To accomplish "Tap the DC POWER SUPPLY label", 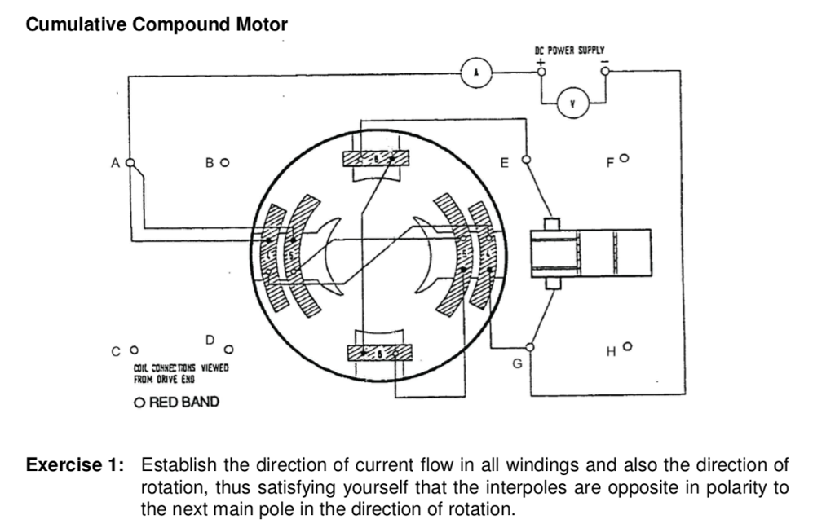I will pyautogui.click(x=570, y=51).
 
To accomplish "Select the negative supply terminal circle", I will pyautogui.click(x=604, y=71).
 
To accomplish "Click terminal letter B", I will pyautogui.click(x=210, y=161).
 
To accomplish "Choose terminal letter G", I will pyautogui.click(x=515, y=364).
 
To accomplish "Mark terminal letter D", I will pyautogui.click(x=210, y=340).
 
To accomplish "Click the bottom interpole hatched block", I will pyautogui.click(x=376, y=351).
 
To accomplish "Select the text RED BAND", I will pyautogui.click(x=184, y=403).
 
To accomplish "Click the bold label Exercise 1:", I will pyautogui.click(x=76, y=465).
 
